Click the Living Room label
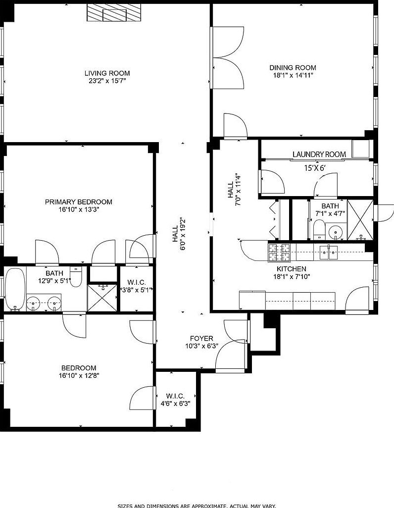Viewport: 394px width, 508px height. coord(107,73)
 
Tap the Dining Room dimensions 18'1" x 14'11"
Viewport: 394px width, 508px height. coord(293,75)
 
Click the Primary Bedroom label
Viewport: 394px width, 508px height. coord(78,202)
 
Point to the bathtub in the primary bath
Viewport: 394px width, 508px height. coord(14,290)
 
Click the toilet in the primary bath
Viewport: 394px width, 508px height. coord(76,274)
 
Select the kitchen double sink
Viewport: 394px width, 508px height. coord(328,252)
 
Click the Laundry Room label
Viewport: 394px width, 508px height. coord(319,154)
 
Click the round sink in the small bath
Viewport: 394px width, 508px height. coord(337,232)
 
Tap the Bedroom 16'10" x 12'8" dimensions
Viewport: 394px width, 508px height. coord(78,376)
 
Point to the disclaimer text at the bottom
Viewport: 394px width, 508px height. coord(197,506)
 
